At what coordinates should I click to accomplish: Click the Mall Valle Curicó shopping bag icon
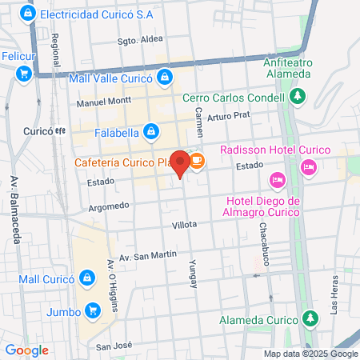click(165, 77)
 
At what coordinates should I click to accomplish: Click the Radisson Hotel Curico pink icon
click(308, 166)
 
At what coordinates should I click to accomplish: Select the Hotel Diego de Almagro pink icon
click(278, 178)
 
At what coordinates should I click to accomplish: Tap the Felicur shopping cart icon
click(23, 73)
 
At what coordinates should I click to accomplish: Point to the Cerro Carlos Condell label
click(234, 98)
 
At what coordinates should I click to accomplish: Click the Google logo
click(26, 350)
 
